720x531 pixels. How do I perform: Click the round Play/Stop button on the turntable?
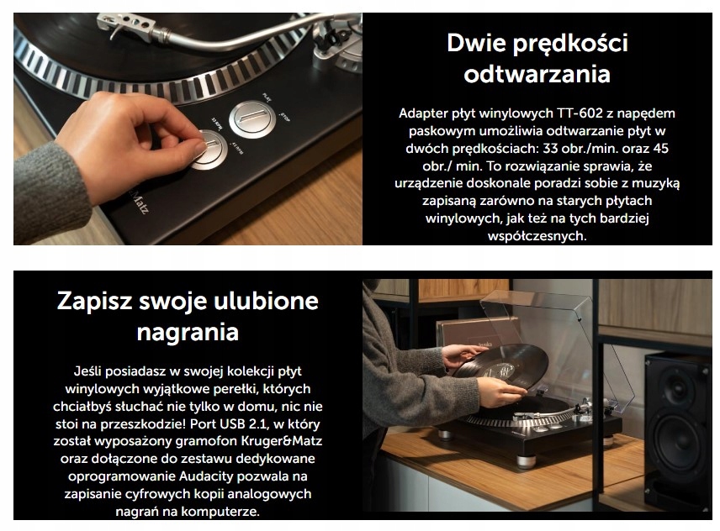251,118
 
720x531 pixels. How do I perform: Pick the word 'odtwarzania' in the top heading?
537,74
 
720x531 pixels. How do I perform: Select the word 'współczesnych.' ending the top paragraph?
537,236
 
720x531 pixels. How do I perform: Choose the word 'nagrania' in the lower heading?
187,332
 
